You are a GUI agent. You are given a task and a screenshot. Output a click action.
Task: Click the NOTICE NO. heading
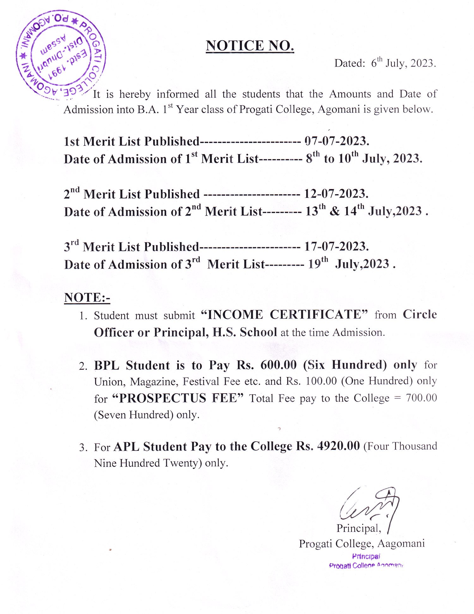pos(250,46)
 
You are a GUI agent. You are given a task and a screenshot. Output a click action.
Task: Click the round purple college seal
pos(61,53)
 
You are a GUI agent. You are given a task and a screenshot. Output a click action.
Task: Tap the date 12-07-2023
pos(336,194)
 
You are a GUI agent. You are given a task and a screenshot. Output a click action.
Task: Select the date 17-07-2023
pos(336,247)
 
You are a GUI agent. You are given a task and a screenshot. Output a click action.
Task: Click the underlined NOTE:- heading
pos(87,298)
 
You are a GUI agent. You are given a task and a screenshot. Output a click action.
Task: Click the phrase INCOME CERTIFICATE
pos(285,315)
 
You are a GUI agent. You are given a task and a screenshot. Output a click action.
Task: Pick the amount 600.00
pos(278,365)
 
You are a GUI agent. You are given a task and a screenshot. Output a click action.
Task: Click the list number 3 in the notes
pos(83,447)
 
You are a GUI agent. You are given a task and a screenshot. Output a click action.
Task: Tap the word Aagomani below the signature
pos(401,543)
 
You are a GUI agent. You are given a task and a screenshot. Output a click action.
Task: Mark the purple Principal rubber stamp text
pos(366,557)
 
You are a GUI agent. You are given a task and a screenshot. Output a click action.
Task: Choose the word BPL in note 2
pos(106,366)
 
